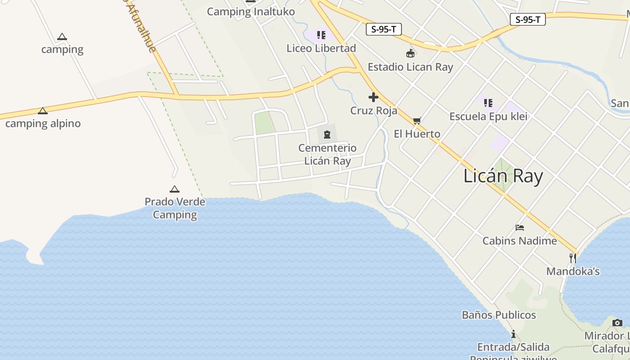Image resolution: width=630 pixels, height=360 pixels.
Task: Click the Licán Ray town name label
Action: pyautogui.click(x=503, y=176)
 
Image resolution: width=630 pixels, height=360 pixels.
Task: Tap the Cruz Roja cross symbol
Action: pyautogui.click(x=373, y=97)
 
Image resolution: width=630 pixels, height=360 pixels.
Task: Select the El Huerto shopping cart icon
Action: pyautogui.click(x=417, y=121)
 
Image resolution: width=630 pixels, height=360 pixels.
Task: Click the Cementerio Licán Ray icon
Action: pyautogui.click(x=327, y=134)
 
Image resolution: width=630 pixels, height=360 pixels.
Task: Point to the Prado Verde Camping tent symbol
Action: pyautogui.click(x=175, y=189)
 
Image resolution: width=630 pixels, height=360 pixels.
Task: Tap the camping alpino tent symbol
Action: pyautogui.click(x=43, y=111)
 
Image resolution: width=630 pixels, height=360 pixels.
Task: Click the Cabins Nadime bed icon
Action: pyautogui.click(x=520, y=228)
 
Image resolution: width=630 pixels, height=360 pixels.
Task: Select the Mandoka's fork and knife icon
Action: pyautogui.click(x=573, y=258)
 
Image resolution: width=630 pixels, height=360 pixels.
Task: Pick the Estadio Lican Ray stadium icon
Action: pyautogui.click(x=410, y=54)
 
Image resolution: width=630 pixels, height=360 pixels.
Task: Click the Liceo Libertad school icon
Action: pyautogui.click(x=321, y=35)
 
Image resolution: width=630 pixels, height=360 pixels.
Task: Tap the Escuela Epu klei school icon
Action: pyautogui.click(x=488, y=103)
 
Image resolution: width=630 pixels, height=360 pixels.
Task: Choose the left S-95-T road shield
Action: pyautogui.click(x=383, y=30)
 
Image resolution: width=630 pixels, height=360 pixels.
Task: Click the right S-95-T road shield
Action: pyautogui.click(x=527, y=19)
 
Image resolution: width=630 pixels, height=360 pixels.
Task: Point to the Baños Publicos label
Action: pyautogui.click(x=499, y=315)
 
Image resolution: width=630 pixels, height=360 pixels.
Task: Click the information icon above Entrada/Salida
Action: pyautogui.click(x=513, y=334)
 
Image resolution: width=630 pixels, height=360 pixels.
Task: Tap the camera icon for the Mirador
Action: pyautogui.click(x=617, y=323)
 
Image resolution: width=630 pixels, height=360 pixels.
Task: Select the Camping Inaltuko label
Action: pyautogui.click(x=251, y=12)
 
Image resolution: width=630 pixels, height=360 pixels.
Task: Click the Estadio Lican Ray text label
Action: pyautogui.click(x=410, y=67)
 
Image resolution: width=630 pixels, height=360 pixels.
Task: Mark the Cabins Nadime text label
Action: pyautogui.click(x=520, y=241)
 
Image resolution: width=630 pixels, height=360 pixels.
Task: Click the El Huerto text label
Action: pyautogui.click(x=417, y=134)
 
